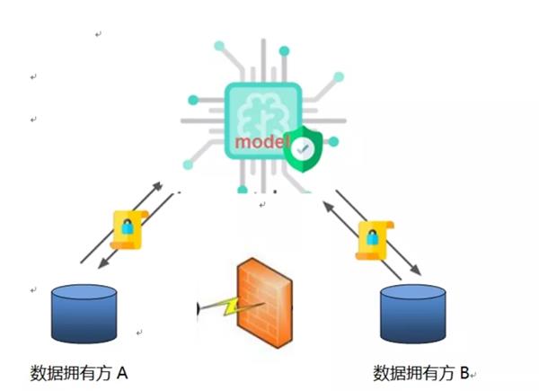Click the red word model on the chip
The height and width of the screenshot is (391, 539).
pos(259,143)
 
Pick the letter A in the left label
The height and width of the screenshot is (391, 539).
pos(123,371)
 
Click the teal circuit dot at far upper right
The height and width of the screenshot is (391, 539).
pos(339,76)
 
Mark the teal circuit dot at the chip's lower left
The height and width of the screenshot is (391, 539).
pos(190,164)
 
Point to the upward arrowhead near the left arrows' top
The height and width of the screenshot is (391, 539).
pos(163,186)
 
